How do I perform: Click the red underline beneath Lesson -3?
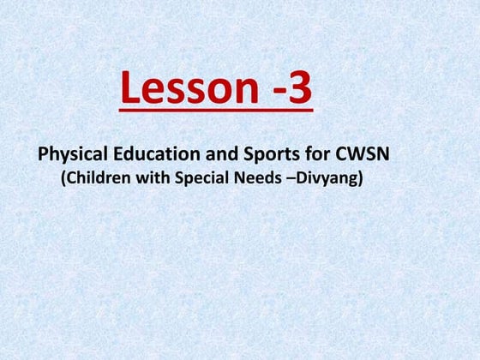215,110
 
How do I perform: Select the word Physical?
70,157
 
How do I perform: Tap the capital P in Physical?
43,156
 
